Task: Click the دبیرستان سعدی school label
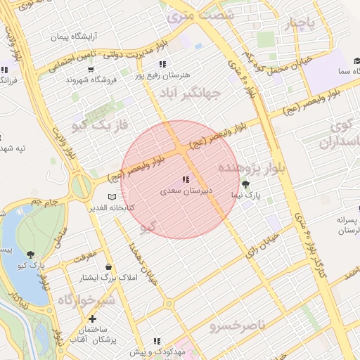coord(184,191)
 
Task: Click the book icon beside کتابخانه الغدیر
coord(110,198)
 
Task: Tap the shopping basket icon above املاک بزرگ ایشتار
coord(108,267)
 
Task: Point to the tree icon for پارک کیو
coord(30,254)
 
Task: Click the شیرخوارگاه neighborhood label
coord(85,301)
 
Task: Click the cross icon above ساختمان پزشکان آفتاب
coord(92,319)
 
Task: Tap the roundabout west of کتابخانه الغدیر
coord(81,186)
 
